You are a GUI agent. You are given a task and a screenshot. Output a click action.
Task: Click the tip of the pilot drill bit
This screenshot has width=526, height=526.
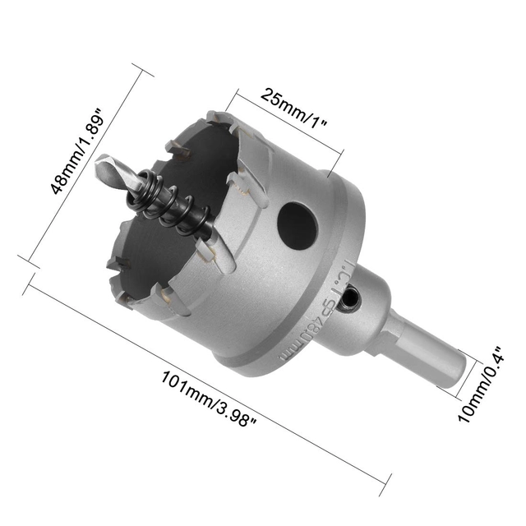coord(99,163)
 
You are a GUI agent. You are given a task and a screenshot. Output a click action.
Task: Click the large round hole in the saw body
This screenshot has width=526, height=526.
coord(297,225)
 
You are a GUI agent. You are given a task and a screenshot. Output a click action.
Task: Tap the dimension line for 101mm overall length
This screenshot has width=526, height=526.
coord(205,378)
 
